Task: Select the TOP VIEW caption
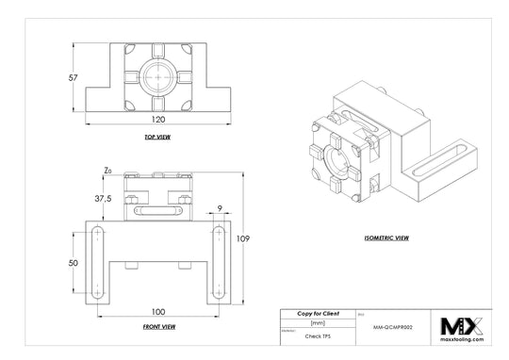tap(156, 138)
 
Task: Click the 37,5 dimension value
tap(103, 199)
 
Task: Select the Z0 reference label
tap(108, 171)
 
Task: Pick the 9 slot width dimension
tap(219, 210)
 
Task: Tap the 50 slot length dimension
tap(74, 263)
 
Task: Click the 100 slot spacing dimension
tap(156, 310)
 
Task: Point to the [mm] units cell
tap(318, 322)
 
